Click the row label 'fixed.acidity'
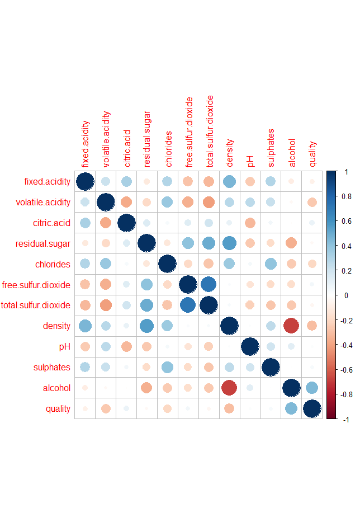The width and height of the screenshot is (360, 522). click(x=47, y=181)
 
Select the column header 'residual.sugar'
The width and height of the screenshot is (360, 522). click(x=147, y=143)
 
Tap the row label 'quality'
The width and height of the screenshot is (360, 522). click(x=58, y=409)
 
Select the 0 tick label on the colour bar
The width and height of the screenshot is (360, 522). click(x=346, y=295)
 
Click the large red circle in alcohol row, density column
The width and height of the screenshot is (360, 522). click(x=230, y=388)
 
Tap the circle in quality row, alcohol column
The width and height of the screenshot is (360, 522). click(x=292, y=408)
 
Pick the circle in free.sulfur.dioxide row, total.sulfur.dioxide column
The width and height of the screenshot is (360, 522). click(x=209, y=284)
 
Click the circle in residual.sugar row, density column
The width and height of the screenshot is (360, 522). click(x=230, y=243)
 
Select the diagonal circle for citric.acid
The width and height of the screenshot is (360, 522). click(x=126, y=223)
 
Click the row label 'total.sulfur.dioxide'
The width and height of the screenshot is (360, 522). click(x=36, y=305)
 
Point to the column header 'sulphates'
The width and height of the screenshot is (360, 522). click(x=271, y=148)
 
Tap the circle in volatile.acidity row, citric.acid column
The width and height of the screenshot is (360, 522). click(x=126, y=202)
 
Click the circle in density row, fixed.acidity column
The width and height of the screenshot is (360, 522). click(x=85, y=326)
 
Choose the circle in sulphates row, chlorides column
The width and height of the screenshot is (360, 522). click(x=168, y=367)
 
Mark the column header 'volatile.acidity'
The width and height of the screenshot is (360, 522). click(x=106, y=139)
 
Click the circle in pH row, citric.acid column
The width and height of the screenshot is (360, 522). click(x=126, y=346)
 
